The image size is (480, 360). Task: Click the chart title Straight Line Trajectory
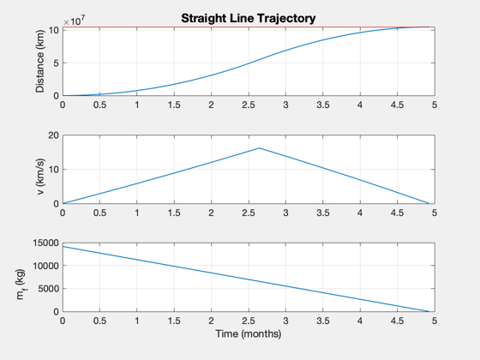click(x=249, y=18)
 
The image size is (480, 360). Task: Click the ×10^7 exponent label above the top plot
click(x=74, y=21)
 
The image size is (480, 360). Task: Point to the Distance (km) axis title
click(x=40, y=61)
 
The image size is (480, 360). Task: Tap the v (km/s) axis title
click(x=40, y=177)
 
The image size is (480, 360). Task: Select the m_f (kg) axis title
click(x=21, y=285)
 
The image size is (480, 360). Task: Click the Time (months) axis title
click(x=249, y=333)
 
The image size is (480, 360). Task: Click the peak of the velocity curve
click(x=259, y=148)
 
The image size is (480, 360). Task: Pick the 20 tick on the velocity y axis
click(x=53, y=135)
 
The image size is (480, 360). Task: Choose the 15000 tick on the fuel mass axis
click(x=46, y=243)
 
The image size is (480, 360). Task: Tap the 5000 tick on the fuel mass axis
click(x=48, y=289)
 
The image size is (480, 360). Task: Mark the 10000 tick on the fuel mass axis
click(x=46, y=266)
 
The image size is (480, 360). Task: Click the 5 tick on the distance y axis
click(x=56, y=63)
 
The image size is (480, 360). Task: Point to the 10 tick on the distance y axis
click(x=53, y=30)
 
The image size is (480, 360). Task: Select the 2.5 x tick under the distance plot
click(x=249, y=105)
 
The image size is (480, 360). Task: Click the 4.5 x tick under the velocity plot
click(x=397, y=213)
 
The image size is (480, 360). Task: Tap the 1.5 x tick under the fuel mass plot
click(x=174, y=321)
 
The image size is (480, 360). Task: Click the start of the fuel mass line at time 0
click(x=63, y=247)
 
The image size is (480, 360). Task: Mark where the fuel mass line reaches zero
click(x=429, y=311)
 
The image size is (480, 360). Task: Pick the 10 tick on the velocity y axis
click(x=53, y=170)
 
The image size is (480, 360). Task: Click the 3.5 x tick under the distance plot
click(x=322, y=105)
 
